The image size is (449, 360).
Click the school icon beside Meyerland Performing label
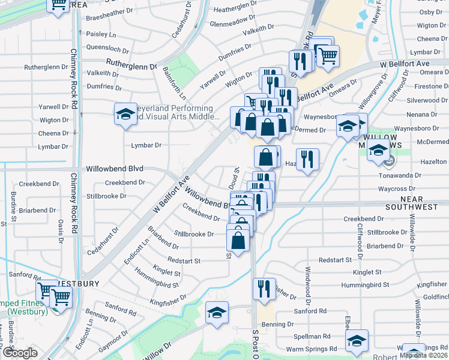pyautogui.click(x=125, y=113)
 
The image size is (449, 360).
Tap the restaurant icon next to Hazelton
pyautogui.click(x=307, y=159)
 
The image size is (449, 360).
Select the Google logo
pyautogui.click(x=20, y=353)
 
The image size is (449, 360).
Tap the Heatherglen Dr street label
pyautogui.click(x=235, y=10)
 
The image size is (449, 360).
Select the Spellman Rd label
pyautogui.click(x=312, y=337)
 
